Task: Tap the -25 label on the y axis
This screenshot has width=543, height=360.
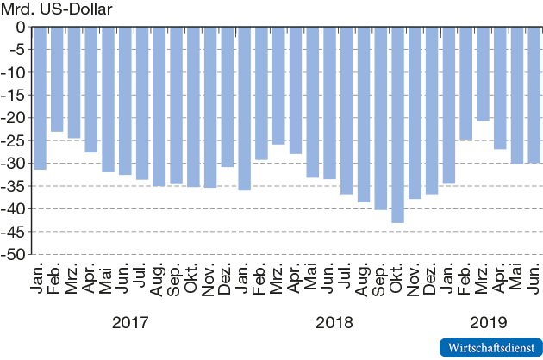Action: click(15, 140)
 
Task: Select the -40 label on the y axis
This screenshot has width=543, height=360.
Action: click(15, 208)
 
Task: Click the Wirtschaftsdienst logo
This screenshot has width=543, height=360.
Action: click(489, 347)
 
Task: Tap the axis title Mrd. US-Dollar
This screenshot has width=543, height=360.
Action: click(57, 9)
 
